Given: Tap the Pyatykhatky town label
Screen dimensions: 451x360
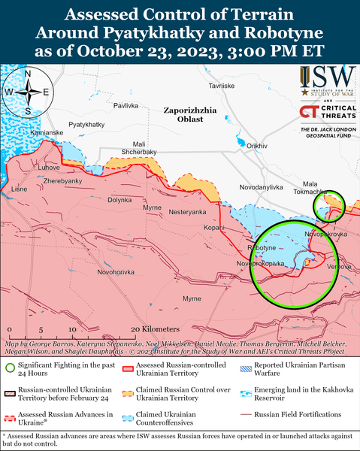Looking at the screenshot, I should pos(86,124).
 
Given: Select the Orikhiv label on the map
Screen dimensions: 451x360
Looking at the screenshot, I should pos(257,145).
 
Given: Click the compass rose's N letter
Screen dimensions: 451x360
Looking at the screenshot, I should pos(27,74).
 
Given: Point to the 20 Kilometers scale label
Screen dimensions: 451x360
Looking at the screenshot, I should pos(155,330).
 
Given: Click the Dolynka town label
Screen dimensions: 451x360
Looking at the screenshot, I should pos(119,200).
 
